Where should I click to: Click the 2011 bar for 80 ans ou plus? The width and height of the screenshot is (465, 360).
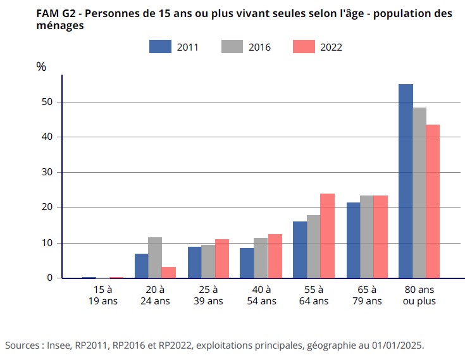406,181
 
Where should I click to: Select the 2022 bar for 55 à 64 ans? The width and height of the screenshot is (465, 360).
327,235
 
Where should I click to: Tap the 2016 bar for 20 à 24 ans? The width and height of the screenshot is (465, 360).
155,258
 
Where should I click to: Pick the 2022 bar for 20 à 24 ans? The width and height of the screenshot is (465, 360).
168,272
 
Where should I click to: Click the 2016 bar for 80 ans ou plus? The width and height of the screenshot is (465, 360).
419,192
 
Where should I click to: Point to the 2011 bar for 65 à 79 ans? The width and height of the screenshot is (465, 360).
353,240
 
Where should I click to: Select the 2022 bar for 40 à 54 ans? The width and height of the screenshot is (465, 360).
275,256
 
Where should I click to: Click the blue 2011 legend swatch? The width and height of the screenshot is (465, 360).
161,46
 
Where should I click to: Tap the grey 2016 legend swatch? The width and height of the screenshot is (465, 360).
232,46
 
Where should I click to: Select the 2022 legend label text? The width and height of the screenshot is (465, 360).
332,47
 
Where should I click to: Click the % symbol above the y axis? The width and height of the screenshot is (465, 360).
41,67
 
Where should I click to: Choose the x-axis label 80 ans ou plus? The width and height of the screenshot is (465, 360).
419,295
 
